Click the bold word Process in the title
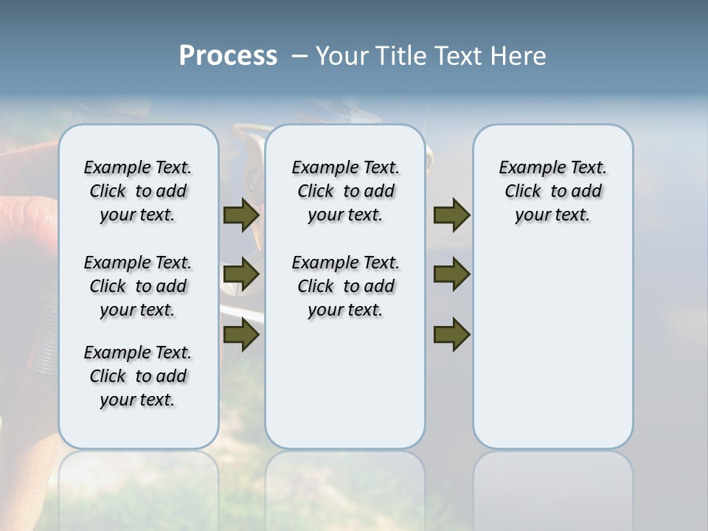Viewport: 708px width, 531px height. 228,56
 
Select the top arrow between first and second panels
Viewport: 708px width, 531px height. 241,215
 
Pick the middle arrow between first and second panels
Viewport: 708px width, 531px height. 241,275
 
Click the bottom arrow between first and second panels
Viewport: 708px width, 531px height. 241,335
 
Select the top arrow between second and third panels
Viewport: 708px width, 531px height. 451,215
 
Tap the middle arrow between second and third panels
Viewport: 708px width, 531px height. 451,275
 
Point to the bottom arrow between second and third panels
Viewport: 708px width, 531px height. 451,335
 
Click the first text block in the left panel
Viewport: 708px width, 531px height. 138,191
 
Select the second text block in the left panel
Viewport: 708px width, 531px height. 138,286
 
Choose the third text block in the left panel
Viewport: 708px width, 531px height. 138,376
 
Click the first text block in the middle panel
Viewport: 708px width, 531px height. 345,191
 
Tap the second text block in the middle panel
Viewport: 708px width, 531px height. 345,286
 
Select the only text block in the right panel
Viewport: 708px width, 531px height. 552,191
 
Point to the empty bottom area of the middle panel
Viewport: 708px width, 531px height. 345,391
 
